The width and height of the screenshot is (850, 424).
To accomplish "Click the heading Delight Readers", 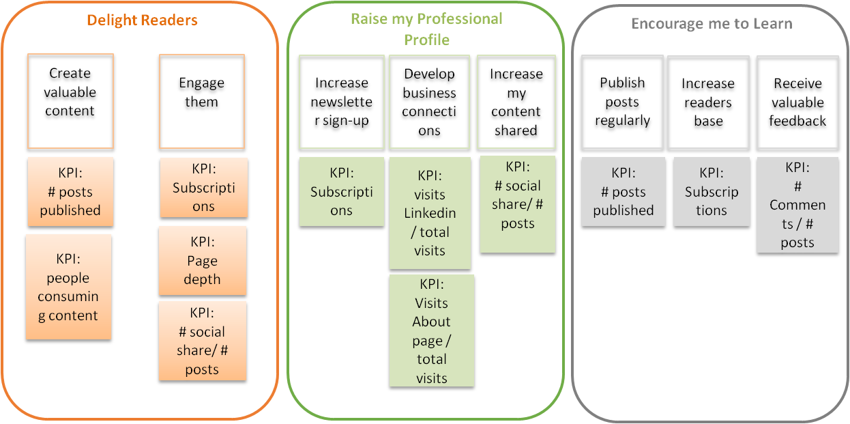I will (x=142, y=20).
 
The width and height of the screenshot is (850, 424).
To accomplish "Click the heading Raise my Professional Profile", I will (x=426, y=29).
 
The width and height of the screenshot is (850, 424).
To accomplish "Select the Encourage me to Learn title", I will (x=711, y=24).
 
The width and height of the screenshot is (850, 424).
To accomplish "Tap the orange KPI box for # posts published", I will (x=70, y=192).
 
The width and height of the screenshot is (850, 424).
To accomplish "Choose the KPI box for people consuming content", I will (x=68, y=287).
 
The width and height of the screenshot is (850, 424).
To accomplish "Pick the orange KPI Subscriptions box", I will (x=203, y=188).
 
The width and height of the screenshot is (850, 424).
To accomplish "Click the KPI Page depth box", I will (x=202, y=261).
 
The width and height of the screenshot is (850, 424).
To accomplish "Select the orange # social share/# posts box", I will (x=202, y=341).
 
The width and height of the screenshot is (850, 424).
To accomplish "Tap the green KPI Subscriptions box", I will (x=342, y=192).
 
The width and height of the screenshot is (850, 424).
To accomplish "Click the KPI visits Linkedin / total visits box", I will (x=430, y=213).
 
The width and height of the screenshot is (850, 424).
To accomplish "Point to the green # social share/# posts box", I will (x=517, y=204).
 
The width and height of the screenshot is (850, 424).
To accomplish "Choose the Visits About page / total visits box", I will (x=431, y=330).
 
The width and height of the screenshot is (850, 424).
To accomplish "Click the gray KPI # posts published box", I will (x=624, y=192).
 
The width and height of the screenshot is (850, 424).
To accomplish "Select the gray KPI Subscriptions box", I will (x=712, y=192).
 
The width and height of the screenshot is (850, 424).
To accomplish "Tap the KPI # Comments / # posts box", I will (x=797, y=205).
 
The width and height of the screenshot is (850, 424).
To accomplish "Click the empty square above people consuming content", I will (x=70, y=101).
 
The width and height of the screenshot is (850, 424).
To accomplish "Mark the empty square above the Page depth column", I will (x=202, y=101).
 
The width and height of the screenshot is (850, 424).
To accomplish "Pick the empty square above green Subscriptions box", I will (x=342, y=102).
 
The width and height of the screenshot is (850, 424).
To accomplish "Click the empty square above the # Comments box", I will (x=797, y=102).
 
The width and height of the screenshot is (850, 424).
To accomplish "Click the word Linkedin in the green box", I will (x=430, y=213).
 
